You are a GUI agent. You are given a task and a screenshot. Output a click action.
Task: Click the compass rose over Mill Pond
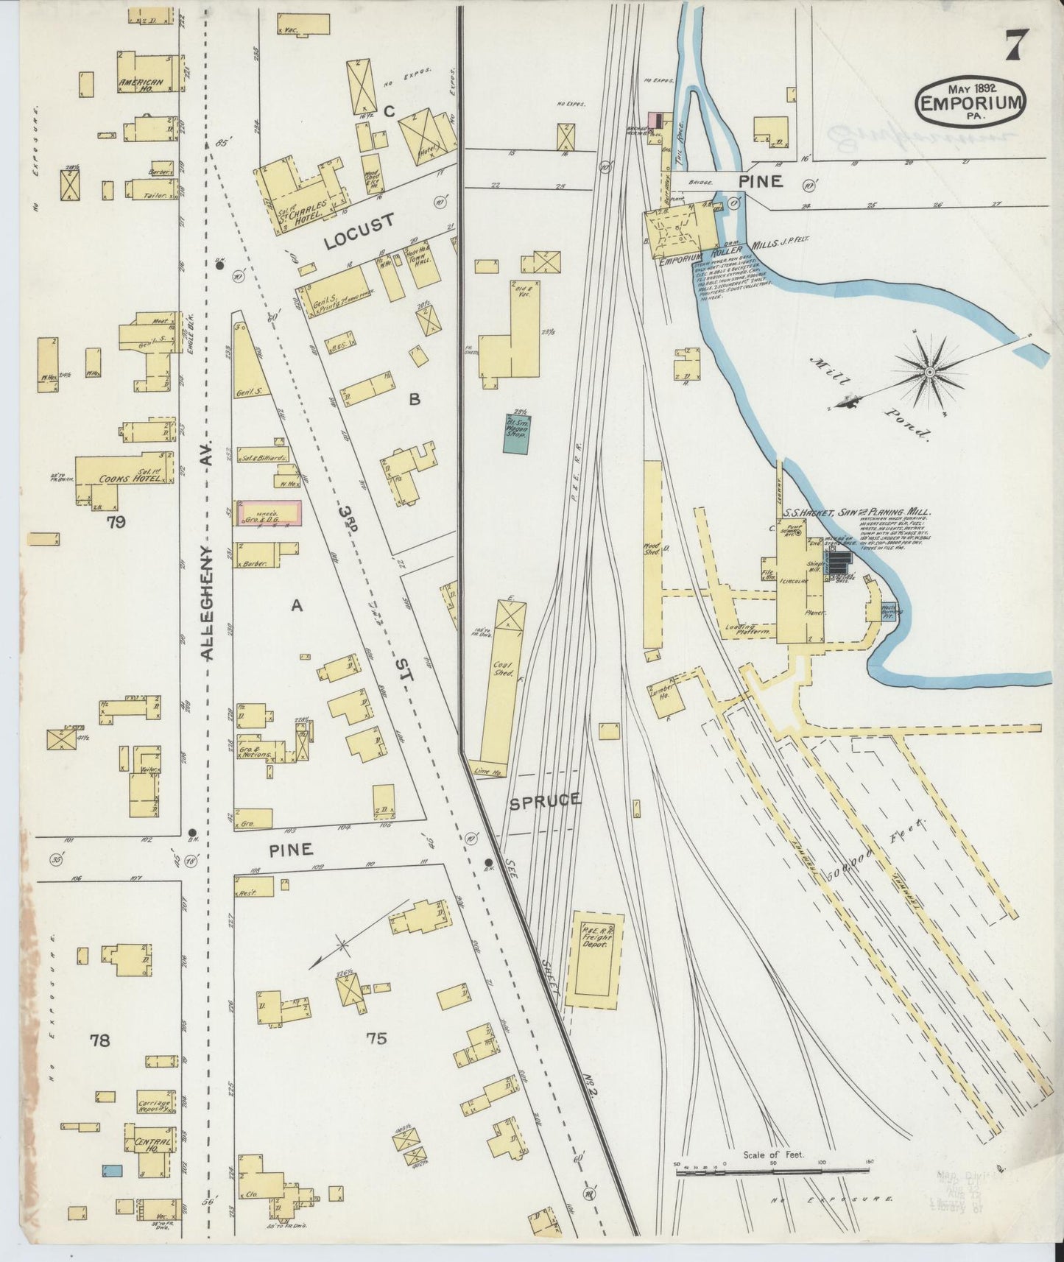click(x=931, y=373)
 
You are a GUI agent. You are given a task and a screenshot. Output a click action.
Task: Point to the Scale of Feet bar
click(x=772, y=1167)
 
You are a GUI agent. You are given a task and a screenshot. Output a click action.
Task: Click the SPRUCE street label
click(x=546, y=800)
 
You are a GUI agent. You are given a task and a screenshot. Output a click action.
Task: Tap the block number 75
click(x=376, y=1038)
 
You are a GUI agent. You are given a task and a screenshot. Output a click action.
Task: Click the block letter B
click(x=415, y=399)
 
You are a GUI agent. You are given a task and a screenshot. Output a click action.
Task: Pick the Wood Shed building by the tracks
click(x=652, y=556)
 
